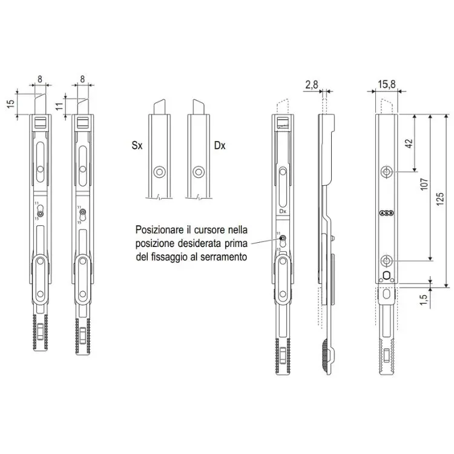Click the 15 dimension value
click(10, 104)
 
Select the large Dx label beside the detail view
click(220, 146)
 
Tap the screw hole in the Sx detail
click(159, 172)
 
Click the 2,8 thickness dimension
click(312, 86)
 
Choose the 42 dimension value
click(409, 143)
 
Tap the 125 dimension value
click(440, 197)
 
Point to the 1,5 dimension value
click(424, 297)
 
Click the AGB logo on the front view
click(386, 213)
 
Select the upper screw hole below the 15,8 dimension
click(386, 173)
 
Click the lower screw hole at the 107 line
click(386, 261)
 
